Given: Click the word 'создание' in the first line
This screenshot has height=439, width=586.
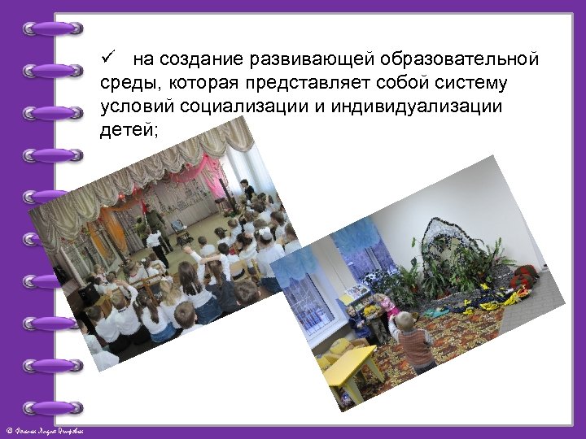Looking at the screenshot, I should coord(192,59).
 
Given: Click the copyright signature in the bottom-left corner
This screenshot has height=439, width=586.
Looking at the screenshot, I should coord(49,430).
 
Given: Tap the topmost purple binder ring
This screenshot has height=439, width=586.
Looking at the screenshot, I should coord(54,28).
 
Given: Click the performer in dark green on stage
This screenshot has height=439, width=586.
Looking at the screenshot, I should coord(153,232).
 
